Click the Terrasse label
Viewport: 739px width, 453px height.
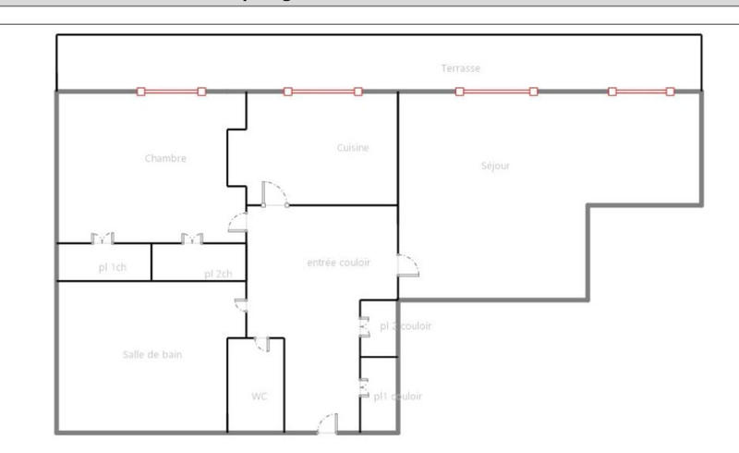coord(460,68)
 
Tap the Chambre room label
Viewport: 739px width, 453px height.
coord(165,158)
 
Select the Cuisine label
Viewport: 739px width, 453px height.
coord(353,148)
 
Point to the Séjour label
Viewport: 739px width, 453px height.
coord(495,166)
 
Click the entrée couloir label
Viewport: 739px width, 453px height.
coord(338,263)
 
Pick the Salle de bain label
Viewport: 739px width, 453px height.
coord(151,354)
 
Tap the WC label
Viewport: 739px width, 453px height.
coord(260,397)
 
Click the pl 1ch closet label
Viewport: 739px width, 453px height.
coord(112,268)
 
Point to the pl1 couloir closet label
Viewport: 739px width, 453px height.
coord(398,396)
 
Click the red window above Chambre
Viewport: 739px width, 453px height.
coord(171,92)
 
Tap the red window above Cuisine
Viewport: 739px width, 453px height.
coord(322,92)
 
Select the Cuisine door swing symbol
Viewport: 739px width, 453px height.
coord(274,194)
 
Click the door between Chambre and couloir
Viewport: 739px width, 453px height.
coord(238,221)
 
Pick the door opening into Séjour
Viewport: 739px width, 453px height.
coord(407,265)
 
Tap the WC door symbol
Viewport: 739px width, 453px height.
coord(262,343)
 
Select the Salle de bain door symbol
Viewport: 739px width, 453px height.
coord(240,306)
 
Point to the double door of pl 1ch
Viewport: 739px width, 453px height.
coord(102,239)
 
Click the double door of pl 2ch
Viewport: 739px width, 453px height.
coord(192,239)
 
